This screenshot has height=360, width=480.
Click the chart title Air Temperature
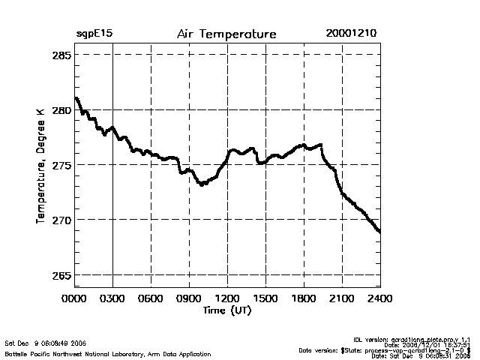coord(227,34)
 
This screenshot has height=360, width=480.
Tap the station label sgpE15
coord(94,34)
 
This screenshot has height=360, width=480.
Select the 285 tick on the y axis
coord(61,55)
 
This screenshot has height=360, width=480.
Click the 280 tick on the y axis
coord(61,110)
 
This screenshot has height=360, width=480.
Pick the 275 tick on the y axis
coord(61,165)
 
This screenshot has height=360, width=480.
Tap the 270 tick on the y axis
coord(61,220)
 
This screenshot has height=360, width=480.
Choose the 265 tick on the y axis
coord(61,274)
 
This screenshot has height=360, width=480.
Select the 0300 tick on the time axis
coord(112,298)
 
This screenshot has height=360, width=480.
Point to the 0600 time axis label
coord(151,298)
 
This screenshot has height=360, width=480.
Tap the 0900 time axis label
coord(189,298)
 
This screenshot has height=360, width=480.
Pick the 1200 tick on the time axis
coord(227,298)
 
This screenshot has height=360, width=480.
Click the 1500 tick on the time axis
coord(265,298)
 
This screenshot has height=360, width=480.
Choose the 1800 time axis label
coord(304,298)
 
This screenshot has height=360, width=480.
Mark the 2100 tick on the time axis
coord(342,298)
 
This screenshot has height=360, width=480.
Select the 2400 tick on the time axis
coord(380,298)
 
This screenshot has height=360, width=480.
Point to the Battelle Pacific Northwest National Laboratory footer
coord(108,353)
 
